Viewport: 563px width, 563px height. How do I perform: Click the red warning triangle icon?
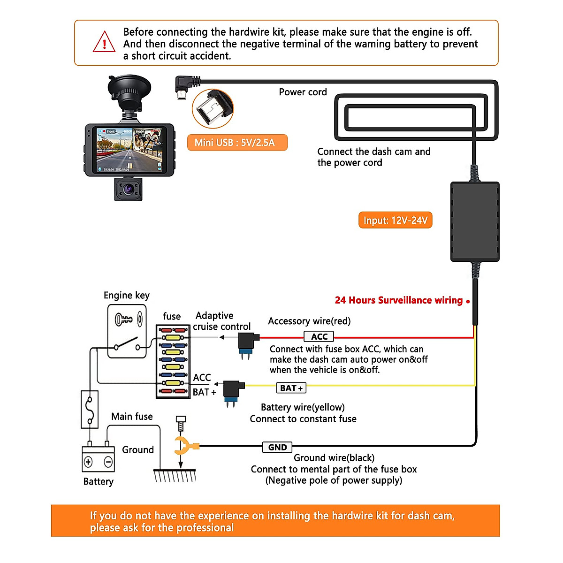pos(104,42)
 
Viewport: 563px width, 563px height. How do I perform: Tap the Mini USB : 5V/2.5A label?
pos(237,143)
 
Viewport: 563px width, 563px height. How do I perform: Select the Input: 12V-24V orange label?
pos(395,221)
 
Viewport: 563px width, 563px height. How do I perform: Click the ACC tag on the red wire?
pos(319,336)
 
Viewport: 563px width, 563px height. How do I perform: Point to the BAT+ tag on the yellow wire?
pos(291,388)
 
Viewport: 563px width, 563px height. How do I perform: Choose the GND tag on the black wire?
pos(277,447)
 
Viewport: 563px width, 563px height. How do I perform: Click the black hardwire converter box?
pos(475,221)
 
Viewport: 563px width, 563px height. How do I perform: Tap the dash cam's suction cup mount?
pos(129,89)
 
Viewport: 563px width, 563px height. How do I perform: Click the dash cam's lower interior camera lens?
pos(128,190)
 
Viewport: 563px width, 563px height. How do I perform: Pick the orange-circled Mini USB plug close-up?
pos(213,109)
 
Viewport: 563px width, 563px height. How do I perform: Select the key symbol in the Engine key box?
pos(124,320)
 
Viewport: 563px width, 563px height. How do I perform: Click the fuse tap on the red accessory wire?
pos(247,343)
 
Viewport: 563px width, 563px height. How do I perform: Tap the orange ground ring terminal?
pos(184,445)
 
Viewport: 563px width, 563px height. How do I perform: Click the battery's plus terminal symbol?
pos(88,462)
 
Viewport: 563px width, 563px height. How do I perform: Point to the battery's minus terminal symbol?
pos(108,462)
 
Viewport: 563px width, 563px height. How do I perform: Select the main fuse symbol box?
pos(90,409)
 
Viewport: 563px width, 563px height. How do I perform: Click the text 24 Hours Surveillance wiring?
pos(399,300)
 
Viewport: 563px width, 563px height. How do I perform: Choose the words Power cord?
pos(303,92)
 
